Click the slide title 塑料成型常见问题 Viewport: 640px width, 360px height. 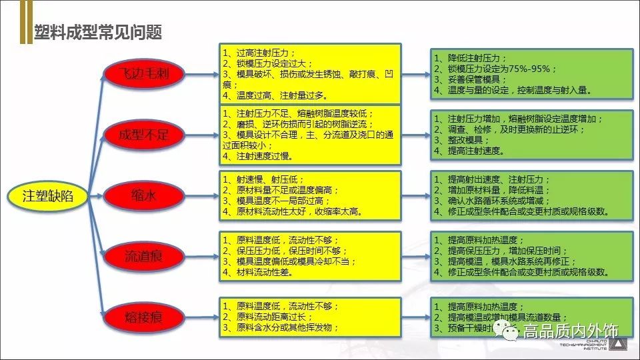click(x=99, y=32)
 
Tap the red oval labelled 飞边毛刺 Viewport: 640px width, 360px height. click(x=143, y=73)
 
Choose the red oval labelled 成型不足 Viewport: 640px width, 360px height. click(x=143, y=135)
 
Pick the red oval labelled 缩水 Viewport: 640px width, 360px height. click(x=143, y=196)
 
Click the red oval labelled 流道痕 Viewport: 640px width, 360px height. click(x=143, y=256)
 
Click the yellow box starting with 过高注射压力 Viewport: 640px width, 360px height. click(x=310, y=73)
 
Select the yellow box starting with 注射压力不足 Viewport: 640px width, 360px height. click(x=310, y=135)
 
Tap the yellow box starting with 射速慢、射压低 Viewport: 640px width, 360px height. click(x=310, y=195)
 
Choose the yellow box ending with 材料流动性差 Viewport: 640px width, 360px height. click(x=310, y=256)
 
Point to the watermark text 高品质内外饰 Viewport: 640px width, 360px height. click(x=571, y=331)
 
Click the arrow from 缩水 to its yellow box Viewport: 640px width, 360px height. click(x=201, y=196)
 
